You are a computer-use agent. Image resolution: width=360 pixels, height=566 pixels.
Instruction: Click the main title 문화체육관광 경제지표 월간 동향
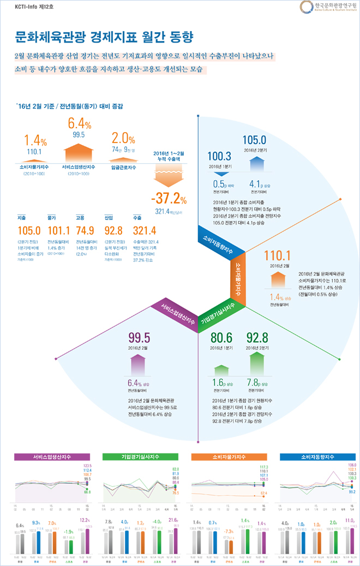(103, 37)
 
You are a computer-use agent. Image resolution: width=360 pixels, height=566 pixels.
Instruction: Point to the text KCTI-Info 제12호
(31, 7)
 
